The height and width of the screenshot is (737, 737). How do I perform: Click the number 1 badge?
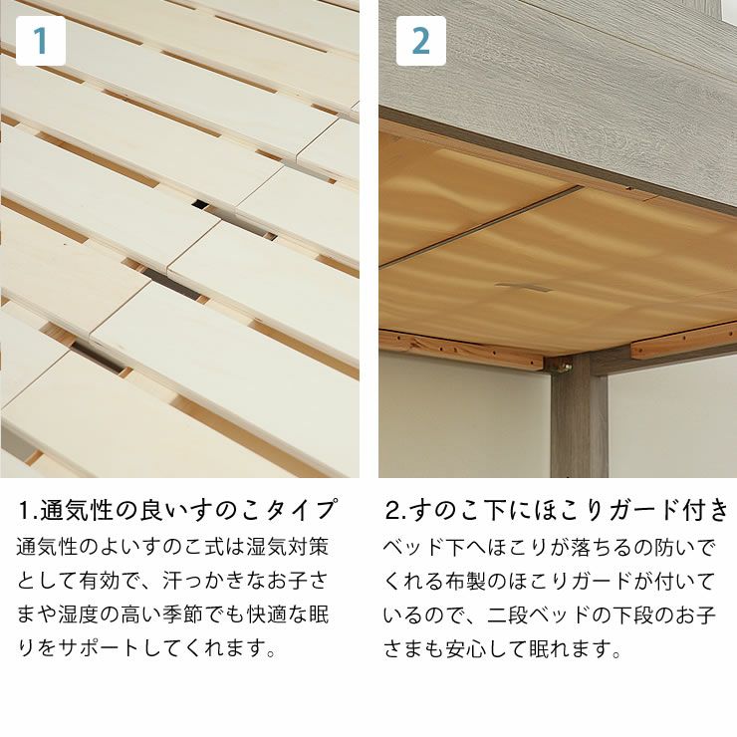click(41, 41)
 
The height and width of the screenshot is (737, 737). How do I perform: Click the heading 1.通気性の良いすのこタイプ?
click(178, 511)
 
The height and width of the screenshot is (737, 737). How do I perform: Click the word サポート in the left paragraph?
click(103, 648)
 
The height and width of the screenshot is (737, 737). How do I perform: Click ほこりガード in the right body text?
click(574, 581)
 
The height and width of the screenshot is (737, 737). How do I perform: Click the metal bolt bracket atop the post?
click(564, 366)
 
